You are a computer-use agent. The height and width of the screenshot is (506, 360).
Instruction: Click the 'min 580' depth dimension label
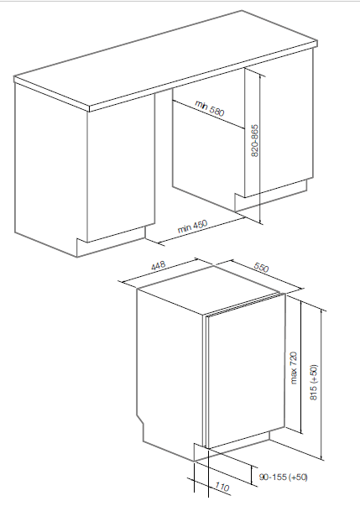click(209, 107)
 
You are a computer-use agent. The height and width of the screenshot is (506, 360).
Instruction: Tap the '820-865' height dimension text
click(255, 141)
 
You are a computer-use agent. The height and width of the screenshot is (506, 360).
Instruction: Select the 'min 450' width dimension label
click(192, 227)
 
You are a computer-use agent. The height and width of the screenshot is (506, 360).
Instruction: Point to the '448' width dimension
click(158, 265)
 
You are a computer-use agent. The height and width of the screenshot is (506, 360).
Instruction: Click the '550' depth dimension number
click(261, 267)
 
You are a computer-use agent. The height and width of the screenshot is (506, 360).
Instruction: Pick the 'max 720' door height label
click(294, 368)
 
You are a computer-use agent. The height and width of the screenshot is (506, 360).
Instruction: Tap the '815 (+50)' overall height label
click(314, 383)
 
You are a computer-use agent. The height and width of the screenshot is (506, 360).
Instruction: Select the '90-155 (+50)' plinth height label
click(284, 477)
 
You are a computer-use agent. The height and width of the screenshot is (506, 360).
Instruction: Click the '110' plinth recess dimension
click(222, 487)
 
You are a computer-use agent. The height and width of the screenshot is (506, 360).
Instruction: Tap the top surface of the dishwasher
click(209, 290)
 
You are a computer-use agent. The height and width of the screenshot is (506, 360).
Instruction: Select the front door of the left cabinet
click(121, 168)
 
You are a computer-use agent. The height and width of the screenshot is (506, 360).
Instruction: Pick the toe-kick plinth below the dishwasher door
click(232, 446)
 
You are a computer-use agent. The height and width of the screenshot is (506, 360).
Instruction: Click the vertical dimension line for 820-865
click(259, 148)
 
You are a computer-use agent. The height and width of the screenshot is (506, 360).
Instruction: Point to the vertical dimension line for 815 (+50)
click(322, 384)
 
